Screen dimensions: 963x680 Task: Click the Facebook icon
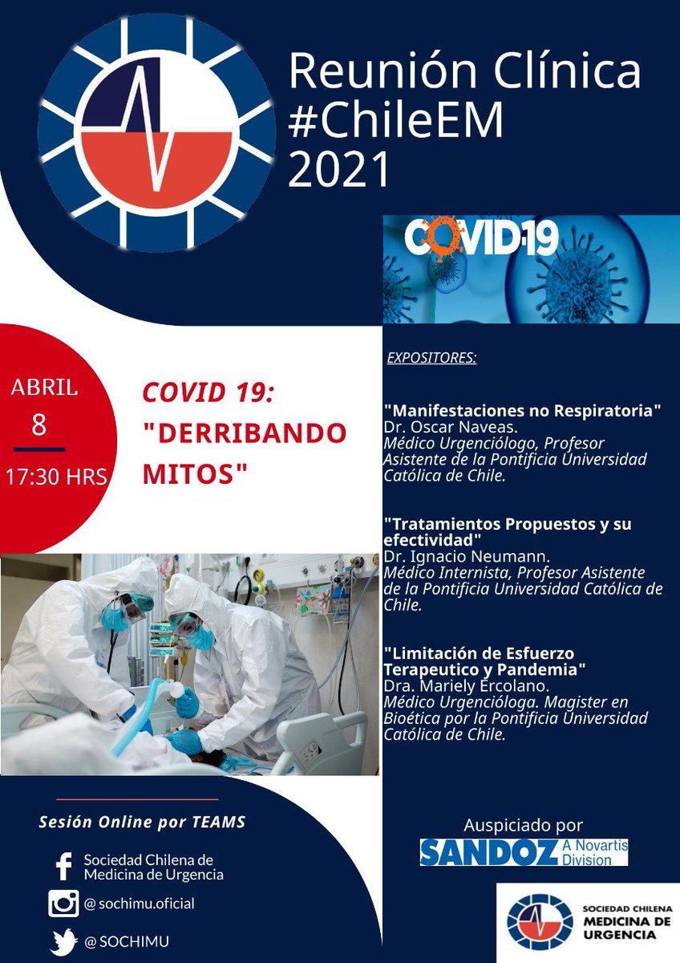pyautogui.click(x=63, y=868)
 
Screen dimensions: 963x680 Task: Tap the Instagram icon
pyautogui.click(x=63, y=904)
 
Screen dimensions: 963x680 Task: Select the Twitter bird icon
pyautogui.click(x=63, y=941)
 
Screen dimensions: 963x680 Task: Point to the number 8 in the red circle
pyautogui.click(x=38, y=425)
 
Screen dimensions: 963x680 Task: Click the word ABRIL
pyautogui.click(x=44, y=388)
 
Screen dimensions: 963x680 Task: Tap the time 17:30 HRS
pyautogui.click(x=56, y=476)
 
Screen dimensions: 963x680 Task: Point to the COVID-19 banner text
pyautogui.click(x=481, y=238)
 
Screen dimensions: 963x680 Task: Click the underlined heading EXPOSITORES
pyautogui.click(x=431, y=357)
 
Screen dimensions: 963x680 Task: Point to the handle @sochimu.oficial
pyautogui.click(x=139, y=904)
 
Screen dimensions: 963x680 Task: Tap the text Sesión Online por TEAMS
pyautogui.click(x=142, y=823)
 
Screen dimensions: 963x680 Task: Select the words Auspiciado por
pyautogui.click(x=524, y=824)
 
